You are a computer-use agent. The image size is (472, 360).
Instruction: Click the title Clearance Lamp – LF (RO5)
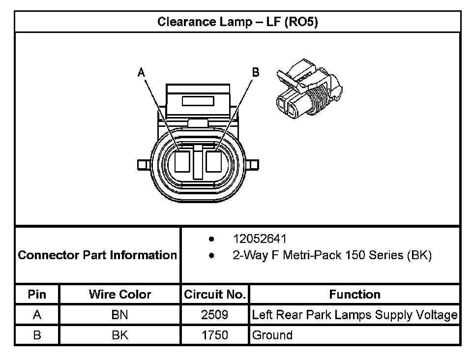[237, 22]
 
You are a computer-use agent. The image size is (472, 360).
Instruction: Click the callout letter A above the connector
[141, 73]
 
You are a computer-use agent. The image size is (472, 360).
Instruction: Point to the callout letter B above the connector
[256, 72]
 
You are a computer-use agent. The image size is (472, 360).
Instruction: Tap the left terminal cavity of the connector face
[182, 161]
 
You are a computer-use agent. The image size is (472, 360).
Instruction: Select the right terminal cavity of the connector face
[214, 161]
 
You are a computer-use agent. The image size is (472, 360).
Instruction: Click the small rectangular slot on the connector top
[198, 101]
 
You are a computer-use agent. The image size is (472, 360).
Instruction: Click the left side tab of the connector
[145, 164]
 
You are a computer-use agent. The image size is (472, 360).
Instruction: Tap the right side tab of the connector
[252, 164]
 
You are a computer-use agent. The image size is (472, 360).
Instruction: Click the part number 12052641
[259, 240]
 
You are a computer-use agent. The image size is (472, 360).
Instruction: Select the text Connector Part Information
[97, 255]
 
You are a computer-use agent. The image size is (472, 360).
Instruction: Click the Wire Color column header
[120, 295]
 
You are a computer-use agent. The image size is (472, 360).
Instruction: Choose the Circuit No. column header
[214, 295]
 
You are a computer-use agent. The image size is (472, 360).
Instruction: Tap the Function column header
[354, 295]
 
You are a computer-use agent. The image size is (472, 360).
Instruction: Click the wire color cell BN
[119, 315]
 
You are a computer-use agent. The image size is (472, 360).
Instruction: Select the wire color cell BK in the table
[119, 335]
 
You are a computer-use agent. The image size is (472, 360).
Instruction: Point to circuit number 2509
[214, 315]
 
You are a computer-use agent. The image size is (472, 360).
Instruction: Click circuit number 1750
[214, 335]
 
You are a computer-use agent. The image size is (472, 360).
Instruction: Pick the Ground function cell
[272, 335]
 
